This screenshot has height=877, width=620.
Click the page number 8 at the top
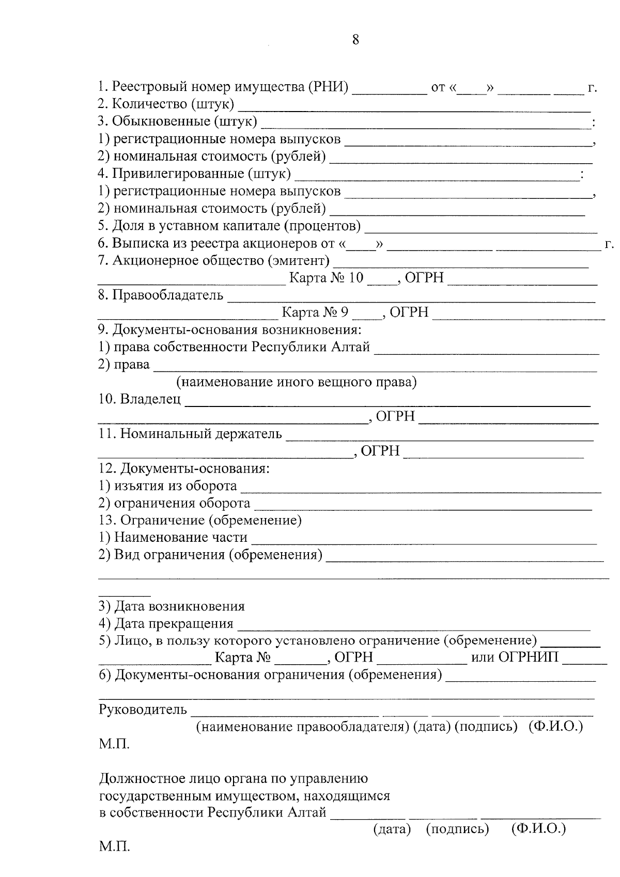point(355,40)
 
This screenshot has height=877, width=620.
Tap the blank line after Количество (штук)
point(413,107)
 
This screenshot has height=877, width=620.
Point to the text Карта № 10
point(326,278)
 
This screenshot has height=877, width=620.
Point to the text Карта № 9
point(315,312)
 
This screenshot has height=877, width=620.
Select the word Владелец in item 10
point(150,399)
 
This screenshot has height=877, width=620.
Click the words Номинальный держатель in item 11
point(201,434)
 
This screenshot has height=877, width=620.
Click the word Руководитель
point(143,710)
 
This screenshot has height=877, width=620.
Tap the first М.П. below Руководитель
point(114,744)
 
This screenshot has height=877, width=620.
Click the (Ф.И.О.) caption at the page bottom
point(538,829)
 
